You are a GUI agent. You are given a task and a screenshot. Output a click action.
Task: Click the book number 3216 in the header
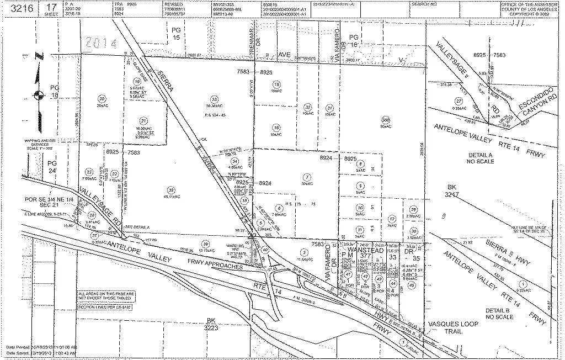(x=18, y=8)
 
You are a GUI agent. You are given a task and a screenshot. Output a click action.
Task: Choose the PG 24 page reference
(x=52, y=167)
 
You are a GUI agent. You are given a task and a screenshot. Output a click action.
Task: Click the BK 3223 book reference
(x=210, y=324)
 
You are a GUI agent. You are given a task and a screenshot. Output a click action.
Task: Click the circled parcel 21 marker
(x=144, y=120)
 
